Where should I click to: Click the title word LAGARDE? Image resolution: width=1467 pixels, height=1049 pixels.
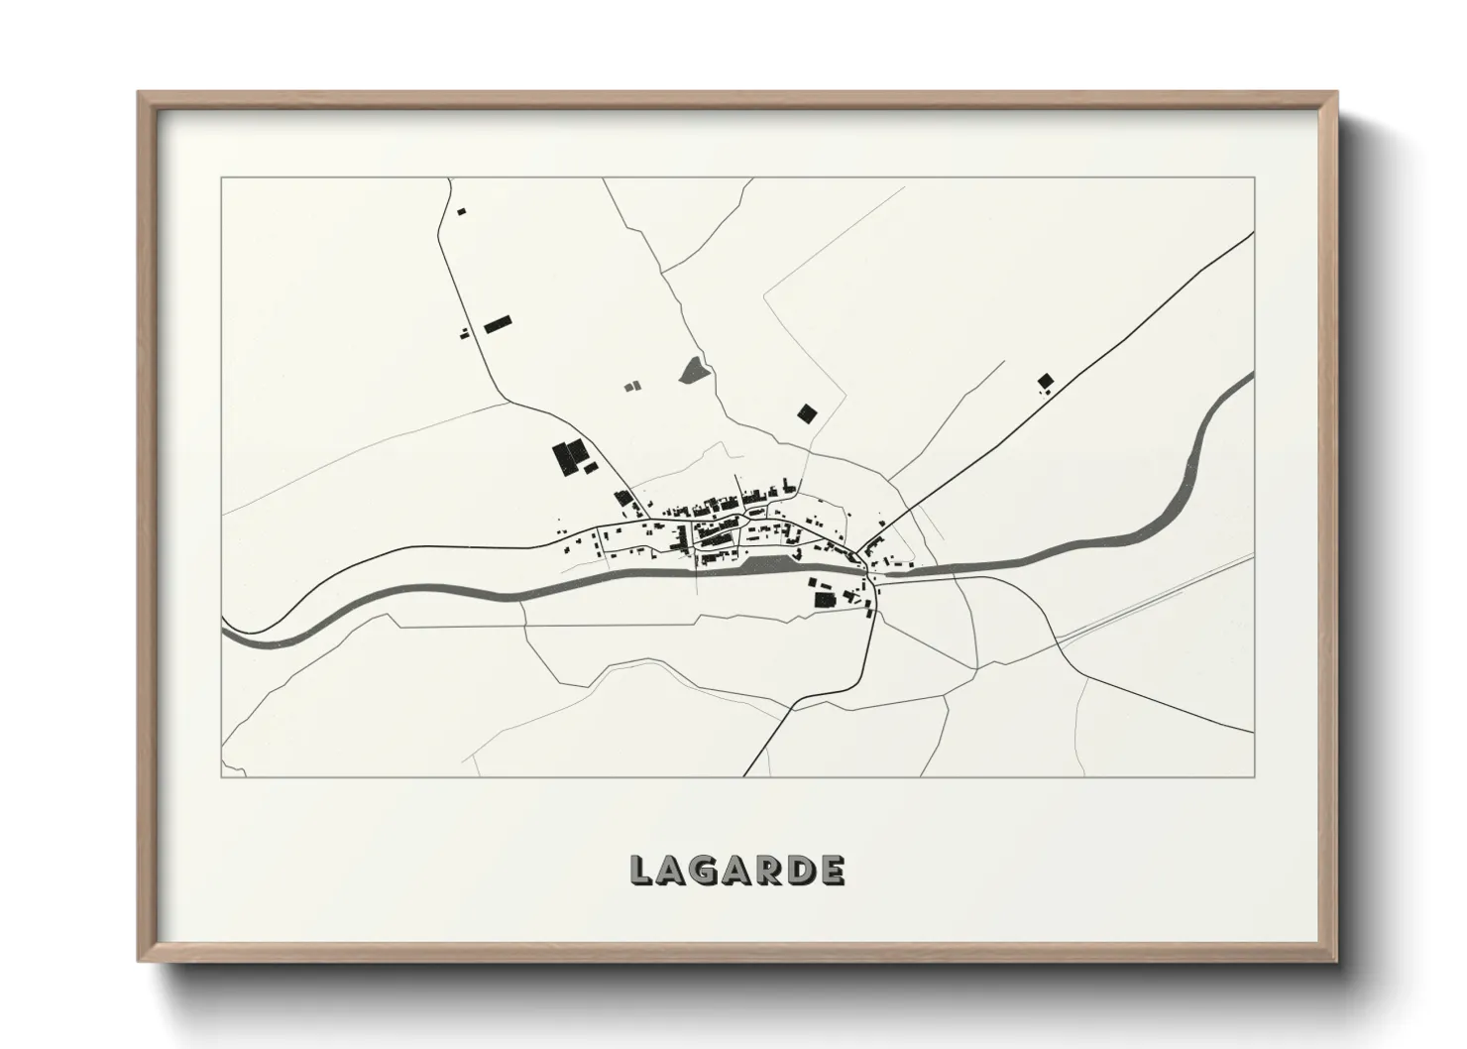pyautogui.click(x=737, y=870)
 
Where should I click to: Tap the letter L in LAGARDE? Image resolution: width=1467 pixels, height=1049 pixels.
pyautogui.click(x=641, y=870)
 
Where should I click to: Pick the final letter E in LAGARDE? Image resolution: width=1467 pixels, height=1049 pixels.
pyautogui.click(x=833, y=870)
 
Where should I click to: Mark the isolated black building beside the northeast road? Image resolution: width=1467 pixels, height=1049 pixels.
pyautogui.click(x=1045, y=380)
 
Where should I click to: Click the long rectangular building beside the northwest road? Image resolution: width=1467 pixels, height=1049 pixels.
pyautogui.click(x=497, y=323)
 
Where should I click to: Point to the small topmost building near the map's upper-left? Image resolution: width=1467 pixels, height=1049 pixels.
pyautogui.click(x=460, y=210)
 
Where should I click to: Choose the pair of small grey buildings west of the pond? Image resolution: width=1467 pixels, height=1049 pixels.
pyautogui.click(x=631, y=385)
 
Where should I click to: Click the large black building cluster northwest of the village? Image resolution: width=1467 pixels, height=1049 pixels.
pyautogui.click(x=569, y=458)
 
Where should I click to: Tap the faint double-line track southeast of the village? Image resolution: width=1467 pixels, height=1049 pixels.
pyautogui.click(x=1140, y=605)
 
